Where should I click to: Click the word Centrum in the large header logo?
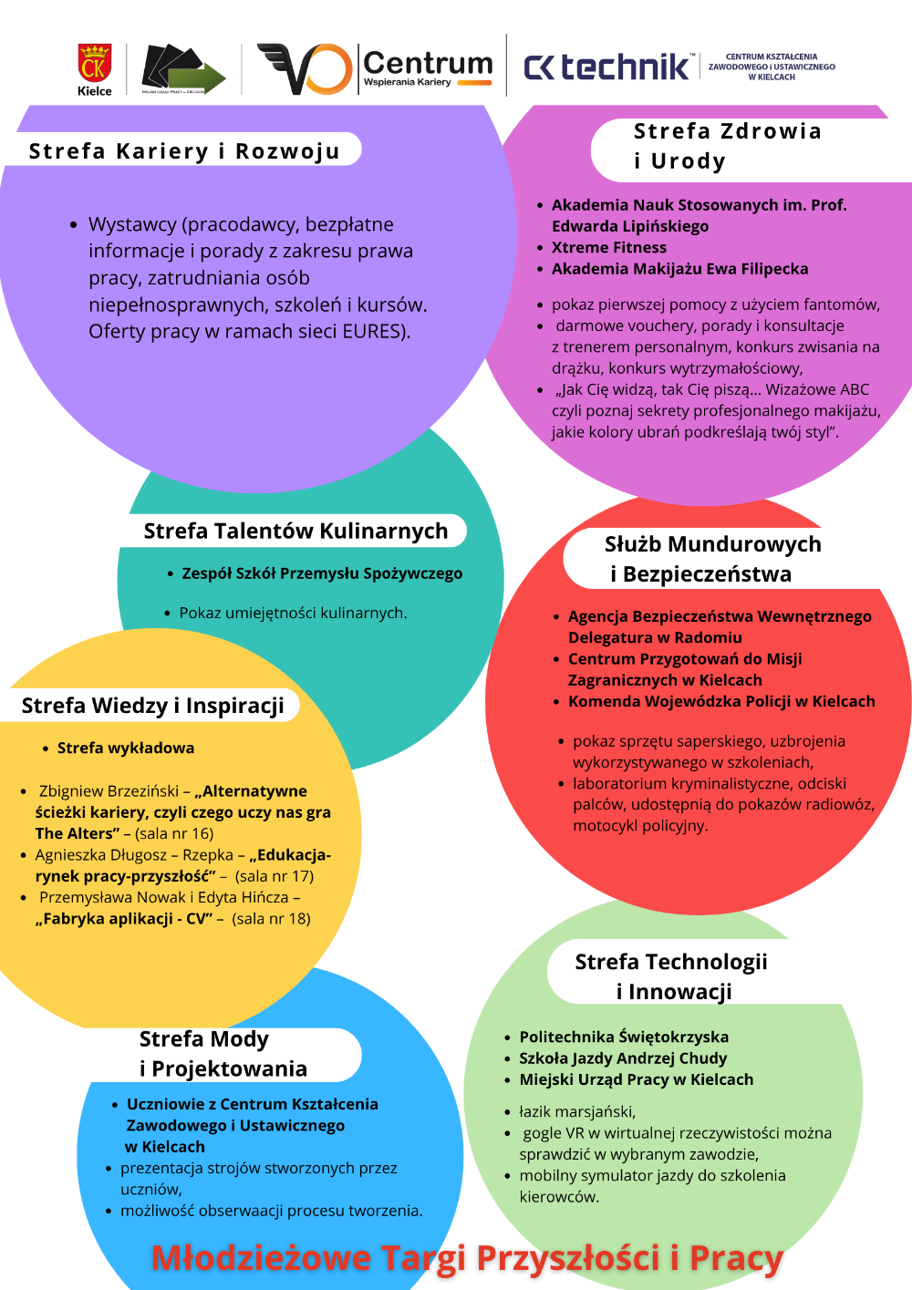tap(428, 63)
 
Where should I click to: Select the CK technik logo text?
tap(607, 67)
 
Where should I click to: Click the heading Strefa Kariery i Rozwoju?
tap(184, 151)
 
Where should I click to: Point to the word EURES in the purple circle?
tap(373, 331)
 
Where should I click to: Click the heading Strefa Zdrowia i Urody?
tap(726, 146)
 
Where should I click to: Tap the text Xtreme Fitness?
tap(608, 247)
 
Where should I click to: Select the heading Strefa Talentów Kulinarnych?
tap(295, 531)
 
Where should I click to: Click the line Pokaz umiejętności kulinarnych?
tap(293, 613)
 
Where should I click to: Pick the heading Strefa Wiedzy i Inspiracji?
tap(152, 706)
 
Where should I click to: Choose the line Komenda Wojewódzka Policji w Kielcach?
tap(721, 701)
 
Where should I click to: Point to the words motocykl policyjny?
tap(639, 825)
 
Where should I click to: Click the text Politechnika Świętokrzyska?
tap(624, 1037)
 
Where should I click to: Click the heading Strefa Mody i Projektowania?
tap(223, 1054)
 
